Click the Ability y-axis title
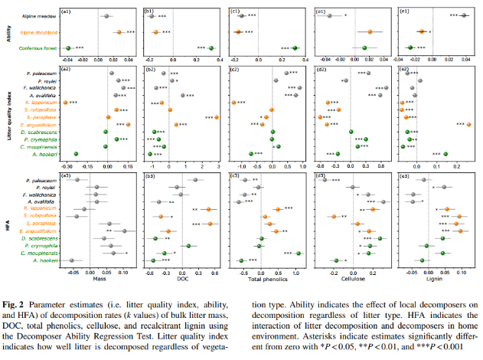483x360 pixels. (x=7, y=31)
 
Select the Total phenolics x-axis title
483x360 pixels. (x=266, y=280)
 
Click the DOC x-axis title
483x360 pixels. (x=182, y=280)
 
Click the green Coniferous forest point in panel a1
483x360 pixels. (x=68, y=48)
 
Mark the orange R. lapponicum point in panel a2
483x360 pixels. (x=66, y=102)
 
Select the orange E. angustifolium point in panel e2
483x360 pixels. (x=468, y=124)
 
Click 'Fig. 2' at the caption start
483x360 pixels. (x=15, y=296)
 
